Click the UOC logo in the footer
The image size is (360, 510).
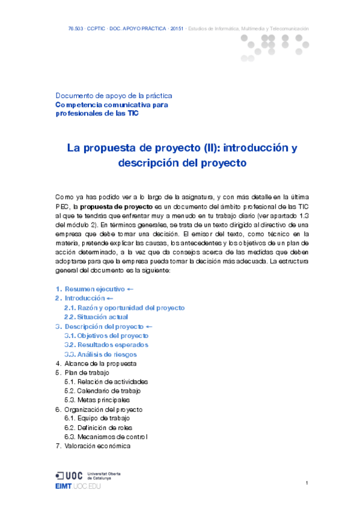click(x=70, y=475)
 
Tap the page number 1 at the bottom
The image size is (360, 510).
click(x=307, y=483)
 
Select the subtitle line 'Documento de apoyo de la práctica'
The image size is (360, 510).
click(x=114, y=96)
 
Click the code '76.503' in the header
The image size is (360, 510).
click(x=76, y=29)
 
